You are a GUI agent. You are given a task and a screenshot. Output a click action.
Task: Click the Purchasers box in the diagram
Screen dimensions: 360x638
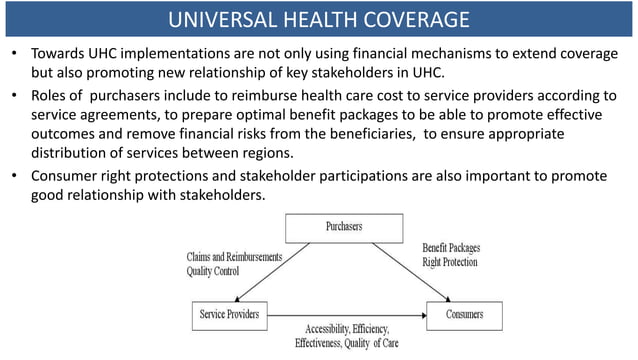(344, 227)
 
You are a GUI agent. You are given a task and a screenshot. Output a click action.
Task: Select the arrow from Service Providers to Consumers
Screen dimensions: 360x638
(349, 315)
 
